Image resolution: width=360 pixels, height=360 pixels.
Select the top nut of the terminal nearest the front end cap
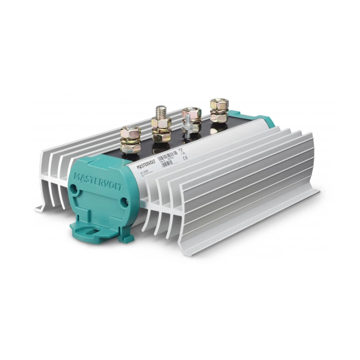pos(130,132)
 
